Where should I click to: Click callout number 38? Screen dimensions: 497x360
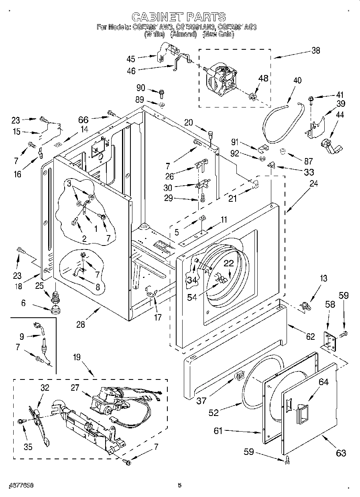click(316, 51)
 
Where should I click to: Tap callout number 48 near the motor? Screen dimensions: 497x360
click(263, 78)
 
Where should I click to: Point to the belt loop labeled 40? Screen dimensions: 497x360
click(281, 120)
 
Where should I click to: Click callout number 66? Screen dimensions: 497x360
click(83, 120)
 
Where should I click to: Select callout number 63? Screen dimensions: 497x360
click(341, 453)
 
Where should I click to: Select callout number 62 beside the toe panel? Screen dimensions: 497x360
click(310, 337)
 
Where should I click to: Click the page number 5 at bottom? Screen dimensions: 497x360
click(179, 485)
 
